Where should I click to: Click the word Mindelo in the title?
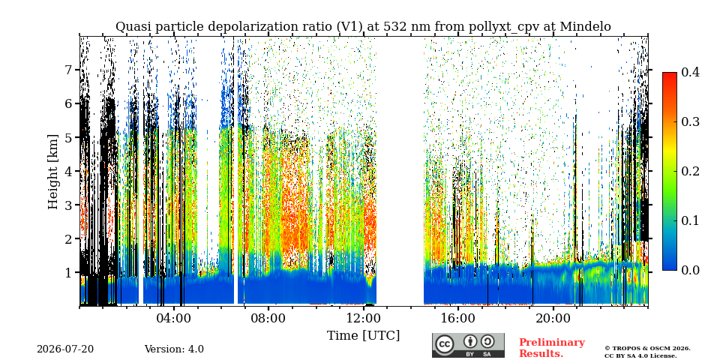(586, 27)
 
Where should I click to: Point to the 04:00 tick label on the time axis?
(174, 319)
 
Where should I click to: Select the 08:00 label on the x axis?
(268, 319)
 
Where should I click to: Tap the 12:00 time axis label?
(363, 319)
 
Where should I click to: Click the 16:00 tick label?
(457, 319)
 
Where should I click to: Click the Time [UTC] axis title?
(363, 336)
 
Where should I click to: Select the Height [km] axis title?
(54, 172)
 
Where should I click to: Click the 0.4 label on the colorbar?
(691, 72)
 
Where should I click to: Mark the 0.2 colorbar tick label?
(691, 171)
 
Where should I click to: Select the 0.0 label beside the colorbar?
(691, 270)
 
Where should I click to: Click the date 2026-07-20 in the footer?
(65, 349)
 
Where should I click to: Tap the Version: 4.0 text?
(174, 349)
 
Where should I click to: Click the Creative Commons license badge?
(468, 345)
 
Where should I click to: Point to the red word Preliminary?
(552, 343)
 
